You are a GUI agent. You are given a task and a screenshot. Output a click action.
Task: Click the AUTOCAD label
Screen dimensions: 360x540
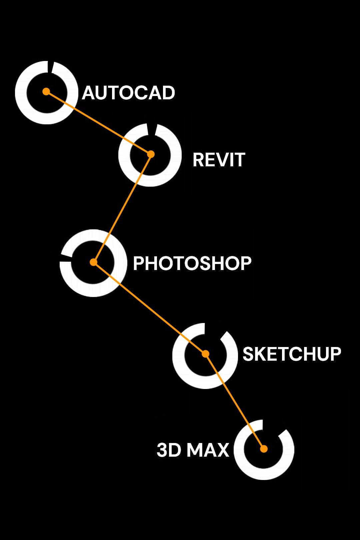point(128,93)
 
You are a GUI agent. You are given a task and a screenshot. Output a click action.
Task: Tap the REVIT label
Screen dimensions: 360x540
point(219,160)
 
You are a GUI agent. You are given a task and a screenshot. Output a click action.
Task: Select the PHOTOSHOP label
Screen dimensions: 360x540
point(192,263)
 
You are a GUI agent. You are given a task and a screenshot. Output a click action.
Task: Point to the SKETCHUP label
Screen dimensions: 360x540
point(292,354)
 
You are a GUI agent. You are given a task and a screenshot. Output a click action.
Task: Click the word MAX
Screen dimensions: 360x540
point(208,450)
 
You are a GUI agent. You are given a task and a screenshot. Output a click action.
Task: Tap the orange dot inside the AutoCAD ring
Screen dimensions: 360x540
point(46,91)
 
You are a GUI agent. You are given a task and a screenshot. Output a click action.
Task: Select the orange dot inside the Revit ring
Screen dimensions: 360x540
point(151,154)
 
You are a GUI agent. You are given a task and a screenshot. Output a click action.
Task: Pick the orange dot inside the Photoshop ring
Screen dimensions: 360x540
point(94,262)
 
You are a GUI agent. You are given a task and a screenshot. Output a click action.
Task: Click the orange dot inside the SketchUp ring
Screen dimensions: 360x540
point(205,354)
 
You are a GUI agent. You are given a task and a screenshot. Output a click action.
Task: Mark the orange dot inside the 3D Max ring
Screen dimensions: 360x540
point(264,449)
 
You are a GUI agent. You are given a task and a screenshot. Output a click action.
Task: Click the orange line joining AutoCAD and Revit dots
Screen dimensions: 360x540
point(98,123)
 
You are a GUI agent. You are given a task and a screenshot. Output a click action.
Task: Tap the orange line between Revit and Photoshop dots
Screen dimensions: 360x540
point(122,208)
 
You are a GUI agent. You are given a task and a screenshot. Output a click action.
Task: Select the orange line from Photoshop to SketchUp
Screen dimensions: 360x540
point(149,308)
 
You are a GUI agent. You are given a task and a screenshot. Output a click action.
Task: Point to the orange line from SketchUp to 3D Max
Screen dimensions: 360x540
point(234,401)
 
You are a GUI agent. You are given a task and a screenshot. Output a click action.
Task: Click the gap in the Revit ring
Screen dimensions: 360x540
point(152,130)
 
